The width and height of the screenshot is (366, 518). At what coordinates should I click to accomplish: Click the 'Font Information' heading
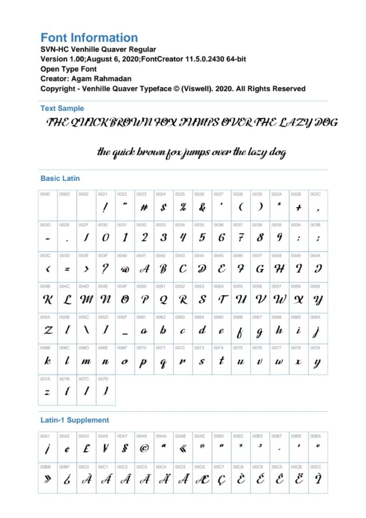point(89,38)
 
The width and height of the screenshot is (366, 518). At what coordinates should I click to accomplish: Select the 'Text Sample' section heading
point(62,108)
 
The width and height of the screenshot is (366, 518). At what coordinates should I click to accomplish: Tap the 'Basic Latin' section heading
point(60,178)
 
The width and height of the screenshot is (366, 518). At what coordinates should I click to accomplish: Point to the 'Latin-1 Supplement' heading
point(75,420)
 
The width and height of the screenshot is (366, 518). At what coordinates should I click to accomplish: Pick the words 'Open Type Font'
point(68,69)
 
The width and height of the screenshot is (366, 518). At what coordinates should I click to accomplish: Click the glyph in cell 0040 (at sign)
point(125,270)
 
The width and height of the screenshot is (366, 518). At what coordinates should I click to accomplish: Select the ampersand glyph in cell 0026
point(202,207)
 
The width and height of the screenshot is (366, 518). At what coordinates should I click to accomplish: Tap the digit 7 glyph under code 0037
point(240,238)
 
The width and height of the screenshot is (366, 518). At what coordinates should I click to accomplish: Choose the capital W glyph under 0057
point(279,300)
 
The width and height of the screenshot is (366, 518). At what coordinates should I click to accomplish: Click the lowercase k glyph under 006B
point(47,362)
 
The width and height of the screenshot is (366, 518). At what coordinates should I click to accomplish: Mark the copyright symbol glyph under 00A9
point(144,449)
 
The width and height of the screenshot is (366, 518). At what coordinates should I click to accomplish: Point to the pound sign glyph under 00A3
point(86,449)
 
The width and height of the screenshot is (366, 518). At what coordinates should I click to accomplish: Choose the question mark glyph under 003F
point(105,270)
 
